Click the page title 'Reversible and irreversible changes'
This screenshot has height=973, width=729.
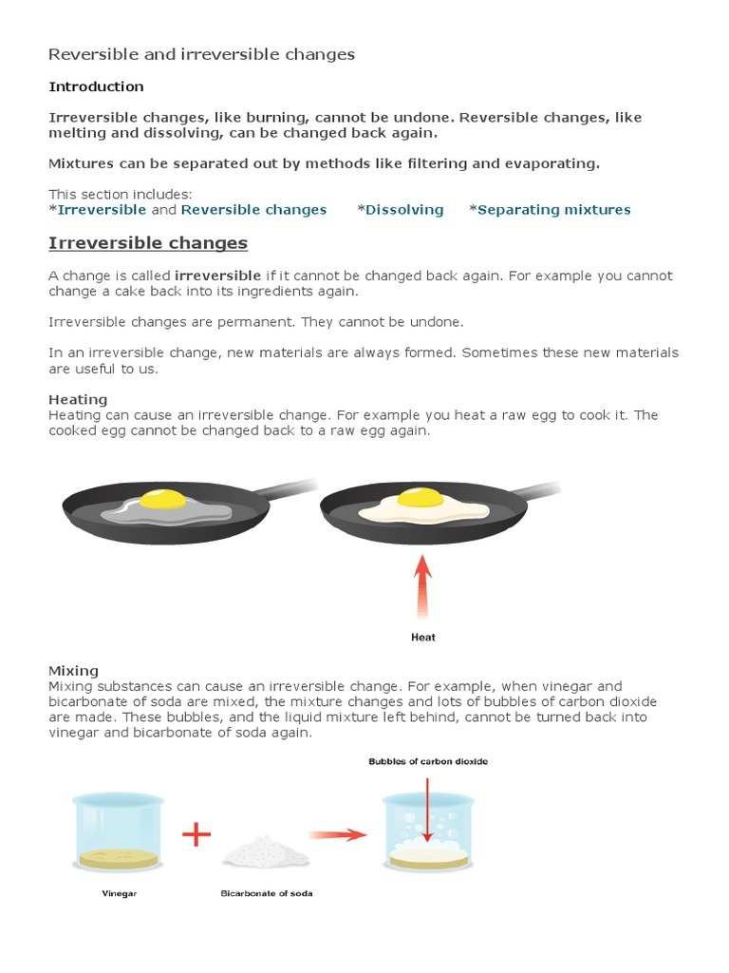pyautogui.click(x=201, y=55)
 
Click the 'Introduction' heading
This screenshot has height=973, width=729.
pyautogui.click(x=96, y=86)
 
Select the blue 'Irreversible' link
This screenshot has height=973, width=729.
pyautogui.click(x=102, y=210)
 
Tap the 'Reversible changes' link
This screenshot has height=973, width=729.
pyautogui.click(x=253, y=210)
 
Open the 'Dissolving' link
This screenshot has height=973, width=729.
pyautogui.click(x=404, y=210)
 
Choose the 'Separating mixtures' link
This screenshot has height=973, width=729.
pyautogui.click(x=553, y=210)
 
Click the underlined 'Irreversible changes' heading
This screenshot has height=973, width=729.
pyautogui.click(x=148, y=243)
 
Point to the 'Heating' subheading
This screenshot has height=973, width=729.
pyautogui.click(x=78, y=400)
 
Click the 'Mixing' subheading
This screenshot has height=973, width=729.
pyautogui.click(x=73, y=671)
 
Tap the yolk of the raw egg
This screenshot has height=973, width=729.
pyautogui.click(x=163, y=499)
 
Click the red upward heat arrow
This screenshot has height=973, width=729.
pyautogui.click(x=423, y=588)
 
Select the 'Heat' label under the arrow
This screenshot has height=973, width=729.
pyautogui.click(x=423, y=638)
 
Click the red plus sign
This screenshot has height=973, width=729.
pyautogui.click(x=196, y=834)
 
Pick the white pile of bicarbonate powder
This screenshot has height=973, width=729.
pyautogui.click(x=266, y=849)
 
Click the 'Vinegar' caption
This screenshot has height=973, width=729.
pyautogui.click(x=119, y=894)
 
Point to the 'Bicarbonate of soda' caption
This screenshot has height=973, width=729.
pyautogui.click(x=267, y=894)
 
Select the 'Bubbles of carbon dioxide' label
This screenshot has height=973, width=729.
pyautogui.click(x=428, y=762)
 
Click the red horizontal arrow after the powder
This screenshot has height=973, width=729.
pyautogui.click(x=338, y=835)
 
